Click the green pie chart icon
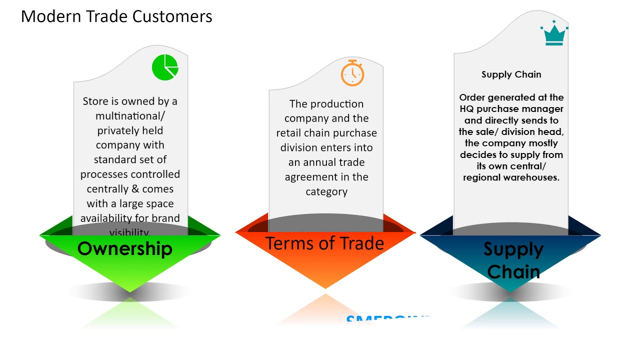(165, 67)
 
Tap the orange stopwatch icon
(352, 73)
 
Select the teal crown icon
(554, 34)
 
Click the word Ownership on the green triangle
(124, 248)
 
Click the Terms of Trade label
(324, 243)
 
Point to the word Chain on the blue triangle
(513, 272)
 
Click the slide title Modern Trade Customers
(116, 16)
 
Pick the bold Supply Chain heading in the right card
(511, 74)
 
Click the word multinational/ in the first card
(130, 116)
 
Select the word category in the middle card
(326, 191)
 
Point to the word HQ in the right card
(466, 109)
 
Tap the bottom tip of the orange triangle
(325, 287)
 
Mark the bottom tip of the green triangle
(130, 291)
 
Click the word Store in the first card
(95, 101)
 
